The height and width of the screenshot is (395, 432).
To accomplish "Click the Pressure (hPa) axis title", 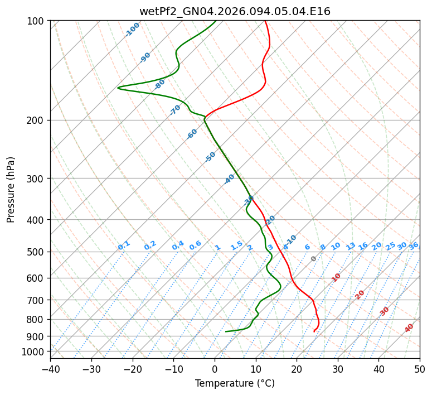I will pos(11,190).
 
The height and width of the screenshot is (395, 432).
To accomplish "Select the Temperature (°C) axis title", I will pos(235,384).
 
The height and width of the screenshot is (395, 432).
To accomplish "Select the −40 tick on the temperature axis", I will pos(50,369).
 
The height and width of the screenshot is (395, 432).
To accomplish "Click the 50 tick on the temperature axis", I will pos(420,369).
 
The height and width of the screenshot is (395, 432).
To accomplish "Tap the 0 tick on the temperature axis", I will pos(215,369).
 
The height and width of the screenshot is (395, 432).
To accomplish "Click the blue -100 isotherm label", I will pos(132,30).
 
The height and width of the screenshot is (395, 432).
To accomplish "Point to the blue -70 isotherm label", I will pos(175,110).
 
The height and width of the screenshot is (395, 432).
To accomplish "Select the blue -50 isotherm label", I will pos(210,157).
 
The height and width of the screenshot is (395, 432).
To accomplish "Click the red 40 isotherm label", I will pos(409,328).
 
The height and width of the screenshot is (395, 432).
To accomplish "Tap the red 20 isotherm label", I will pos(360,294).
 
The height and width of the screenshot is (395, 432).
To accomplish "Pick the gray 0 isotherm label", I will pos(314,259).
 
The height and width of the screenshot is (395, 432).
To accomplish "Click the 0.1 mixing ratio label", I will pos(124,245).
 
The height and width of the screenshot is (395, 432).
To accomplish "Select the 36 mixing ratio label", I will pos(414,245).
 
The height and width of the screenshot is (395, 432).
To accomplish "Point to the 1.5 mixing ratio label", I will pos(236,245).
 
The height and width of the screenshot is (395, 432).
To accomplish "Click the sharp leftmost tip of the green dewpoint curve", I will pos(118,88).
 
